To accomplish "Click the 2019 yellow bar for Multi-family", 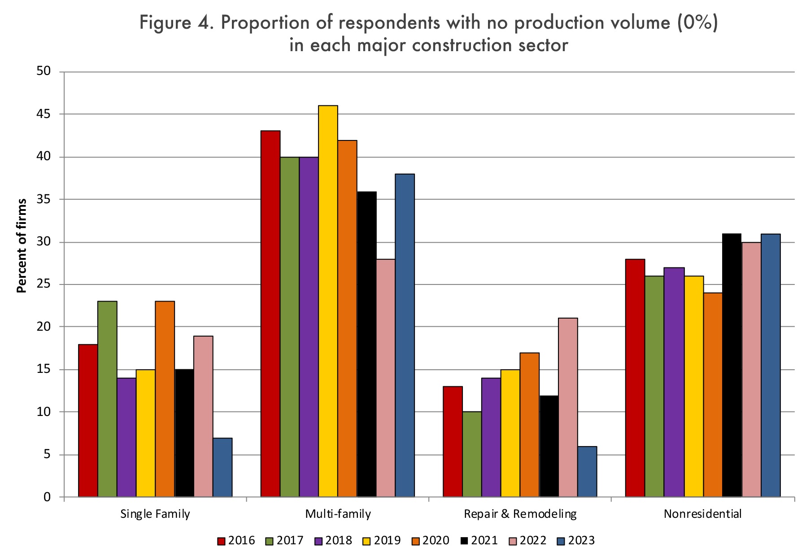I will [x=328, y=301].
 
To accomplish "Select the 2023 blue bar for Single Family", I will [x=222, y=467].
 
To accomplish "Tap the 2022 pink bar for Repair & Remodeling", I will [x=568, y=407].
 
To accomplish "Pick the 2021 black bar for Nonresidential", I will [x=732, y=365].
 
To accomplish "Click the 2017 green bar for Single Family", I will [x=107, y=399].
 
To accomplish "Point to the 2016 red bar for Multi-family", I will [x=270, y=314].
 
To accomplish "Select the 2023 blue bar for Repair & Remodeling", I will [x=587, y=472].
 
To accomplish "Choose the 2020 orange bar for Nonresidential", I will [x=713, y=395].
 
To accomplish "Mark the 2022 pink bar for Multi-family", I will [x=386, y=378].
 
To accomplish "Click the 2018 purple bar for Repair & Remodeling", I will [x=491, y=437].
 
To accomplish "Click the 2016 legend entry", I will [x=236, y=541].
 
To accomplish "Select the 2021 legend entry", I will [x=479, y=541].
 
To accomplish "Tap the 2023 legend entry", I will [x=576, y=541].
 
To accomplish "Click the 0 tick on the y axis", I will [x=47, y=497].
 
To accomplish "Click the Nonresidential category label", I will [x=702, y=514].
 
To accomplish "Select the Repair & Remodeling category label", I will [x=520, y=514].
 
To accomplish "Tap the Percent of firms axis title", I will [x=22, y=245].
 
